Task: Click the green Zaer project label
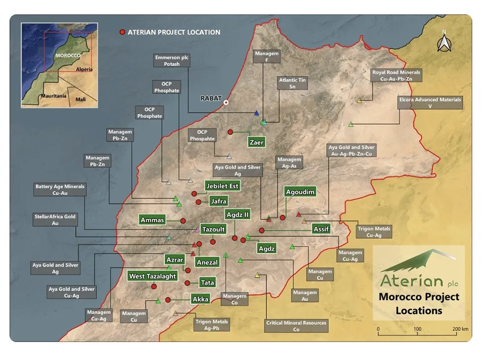(x=257, y=143)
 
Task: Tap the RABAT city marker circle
(x=226, y=103)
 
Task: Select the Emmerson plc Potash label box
(x=172, y=61)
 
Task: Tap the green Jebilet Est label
(x=223, y=186)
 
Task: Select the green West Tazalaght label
(x=152, y=276)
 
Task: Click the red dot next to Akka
(x=168, y=300)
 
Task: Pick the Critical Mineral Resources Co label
(x=296, y=326)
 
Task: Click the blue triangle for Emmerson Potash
(x=256, y=113)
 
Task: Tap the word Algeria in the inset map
(x=84, y=69)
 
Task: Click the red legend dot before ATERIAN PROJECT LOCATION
(x=122, y=32)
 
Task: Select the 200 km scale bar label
(x=460, y=329)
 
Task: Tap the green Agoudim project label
(x=300, y=192)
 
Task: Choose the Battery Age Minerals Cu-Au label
(x=60, y=190)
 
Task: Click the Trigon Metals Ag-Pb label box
(x=211, y=325)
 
